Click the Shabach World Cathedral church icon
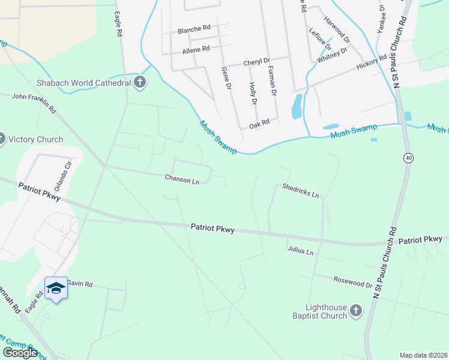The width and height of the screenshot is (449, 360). tap(140, 82)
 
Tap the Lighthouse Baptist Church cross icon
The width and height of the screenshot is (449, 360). tap(356, 311)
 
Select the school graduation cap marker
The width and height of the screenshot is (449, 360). tap(56, 288)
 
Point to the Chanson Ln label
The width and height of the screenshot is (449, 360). tap(182, 179)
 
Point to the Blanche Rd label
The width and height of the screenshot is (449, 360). tap(193, 28)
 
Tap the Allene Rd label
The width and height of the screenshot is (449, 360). tap(196, 49)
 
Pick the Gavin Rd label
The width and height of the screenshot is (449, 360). tap(79, 283)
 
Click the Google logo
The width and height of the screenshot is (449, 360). tap(20, 353)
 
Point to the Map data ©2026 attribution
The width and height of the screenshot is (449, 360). tap(423, 355)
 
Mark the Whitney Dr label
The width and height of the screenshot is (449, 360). tap(332, 55)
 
